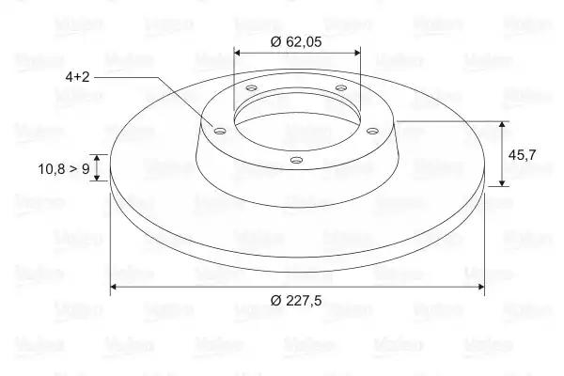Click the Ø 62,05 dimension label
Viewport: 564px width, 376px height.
(x=296, y=41)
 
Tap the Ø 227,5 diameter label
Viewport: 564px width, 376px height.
(x=296, y=300)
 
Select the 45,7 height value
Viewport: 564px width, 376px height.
(x=522, y=155)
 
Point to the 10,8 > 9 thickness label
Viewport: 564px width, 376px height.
(x=64, y=168)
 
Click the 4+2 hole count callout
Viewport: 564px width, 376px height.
(x=77, y=77)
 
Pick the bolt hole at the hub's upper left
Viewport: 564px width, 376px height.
(x=252, y=87)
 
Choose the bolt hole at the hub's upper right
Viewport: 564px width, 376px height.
(x=341, y=87)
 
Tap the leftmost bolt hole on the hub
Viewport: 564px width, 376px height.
(x=219, y=131)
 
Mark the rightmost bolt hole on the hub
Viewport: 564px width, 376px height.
(x=372, y=131)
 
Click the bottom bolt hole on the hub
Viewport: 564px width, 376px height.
(x=296, y=160)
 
